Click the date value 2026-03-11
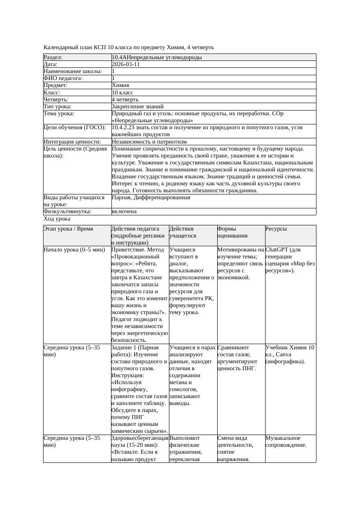pos(126,64)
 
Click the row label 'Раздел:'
pos(53,57)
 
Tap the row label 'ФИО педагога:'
pos(63,78)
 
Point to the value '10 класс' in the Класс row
pos(122,92)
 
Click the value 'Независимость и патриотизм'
pos(149,141)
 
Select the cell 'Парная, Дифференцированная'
pos(151,198)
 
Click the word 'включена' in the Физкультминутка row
pos(124,211)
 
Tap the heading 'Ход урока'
pos(57,219)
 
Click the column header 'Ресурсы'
pos(276,229)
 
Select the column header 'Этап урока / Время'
pos(68,229)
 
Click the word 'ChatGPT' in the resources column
pos(276,250)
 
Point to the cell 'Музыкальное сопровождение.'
pos(286,442)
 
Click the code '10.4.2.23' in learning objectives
pos(124,127)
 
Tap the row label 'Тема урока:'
pos(59,114)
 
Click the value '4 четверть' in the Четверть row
pos(125,99)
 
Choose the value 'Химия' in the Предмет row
pos(121,85)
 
